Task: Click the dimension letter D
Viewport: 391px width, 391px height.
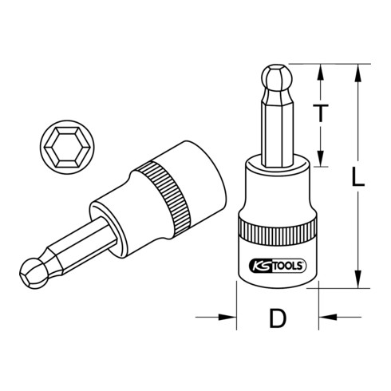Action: coord(277,320)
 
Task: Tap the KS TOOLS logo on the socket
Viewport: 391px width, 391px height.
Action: coord(276,267)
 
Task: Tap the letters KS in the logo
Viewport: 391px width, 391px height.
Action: coord(260,267)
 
